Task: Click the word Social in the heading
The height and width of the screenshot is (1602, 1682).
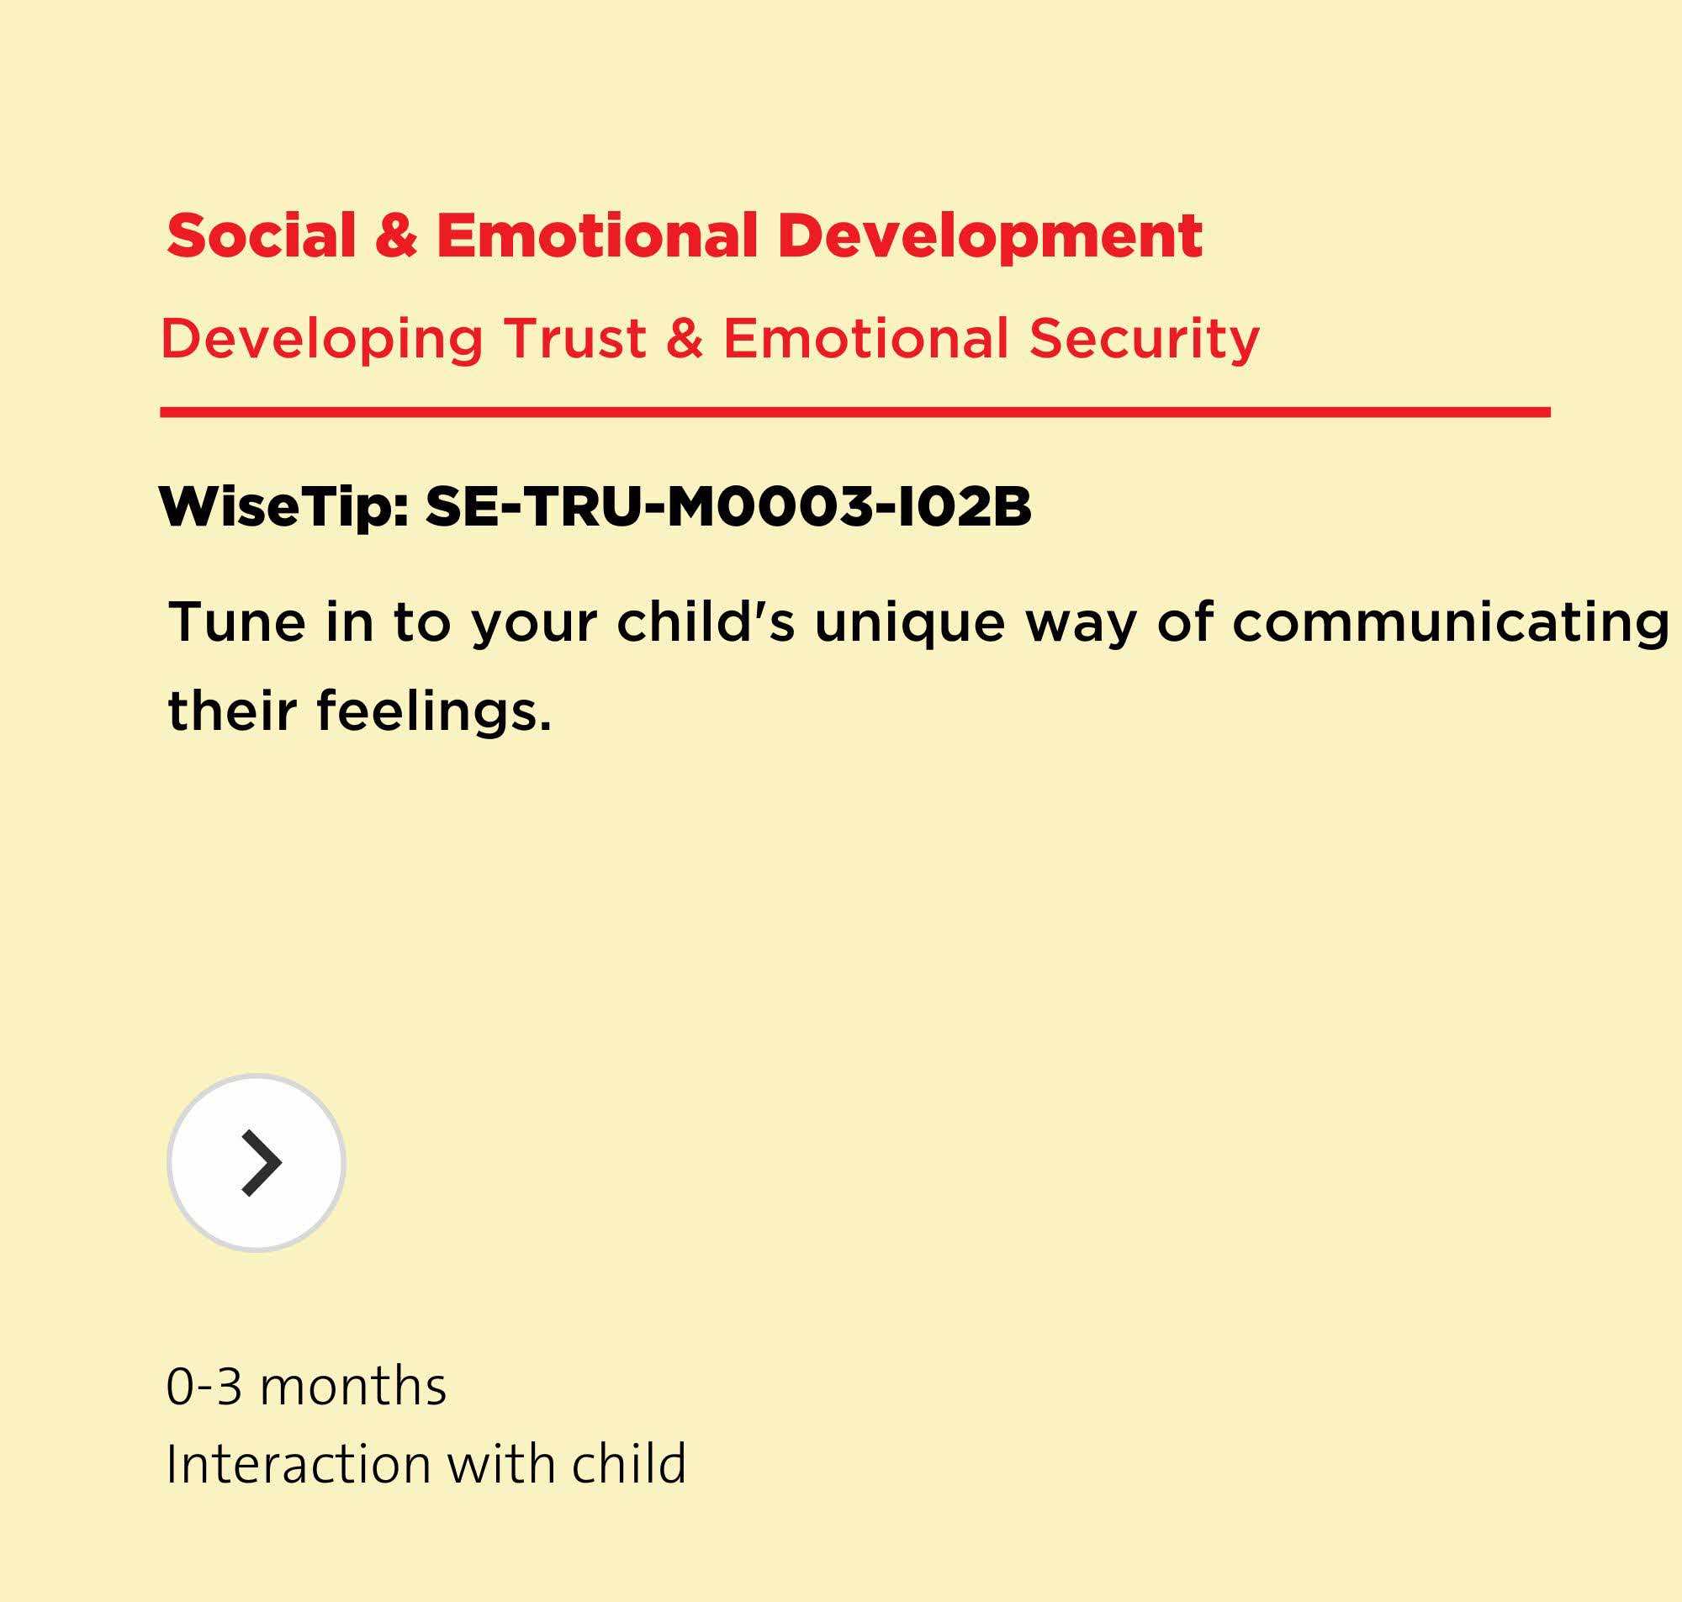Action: [x=262, y=235]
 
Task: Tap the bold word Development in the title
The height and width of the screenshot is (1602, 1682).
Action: [x=990, y=235]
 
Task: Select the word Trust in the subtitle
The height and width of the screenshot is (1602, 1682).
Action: [x=574, y=338]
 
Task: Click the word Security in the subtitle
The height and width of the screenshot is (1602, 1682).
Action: [x=1144, y=340]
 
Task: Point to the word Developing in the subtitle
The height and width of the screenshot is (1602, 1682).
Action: [x=322, y=340]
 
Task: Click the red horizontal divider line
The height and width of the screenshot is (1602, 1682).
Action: [x=854, y=412]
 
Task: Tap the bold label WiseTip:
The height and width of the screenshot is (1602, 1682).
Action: [x=284, y=507]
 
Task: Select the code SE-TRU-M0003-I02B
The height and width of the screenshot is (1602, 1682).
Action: [x=728, y=506]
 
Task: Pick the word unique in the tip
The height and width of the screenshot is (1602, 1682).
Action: [x=910, y=623]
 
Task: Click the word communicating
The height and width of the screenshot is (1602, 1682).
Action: [x=1451, y=623]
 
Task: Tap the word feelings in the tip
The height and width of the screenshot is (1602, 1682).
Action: [x=434, y=712]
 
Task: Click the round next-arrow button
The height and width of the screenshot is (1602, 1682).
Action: [x=257, y=1163]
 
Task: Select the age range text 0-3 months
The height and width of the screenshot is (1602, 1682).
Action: [x=305, y=1386]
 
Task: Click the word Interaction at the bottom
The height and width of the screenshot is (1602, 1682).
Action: [x=299, y=1465]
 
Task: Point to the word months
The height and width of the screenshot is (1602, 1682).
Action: [x=352, y=1386]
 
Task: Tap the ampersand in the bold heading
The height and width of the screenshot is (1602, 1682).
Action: [x=396, y=235]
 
